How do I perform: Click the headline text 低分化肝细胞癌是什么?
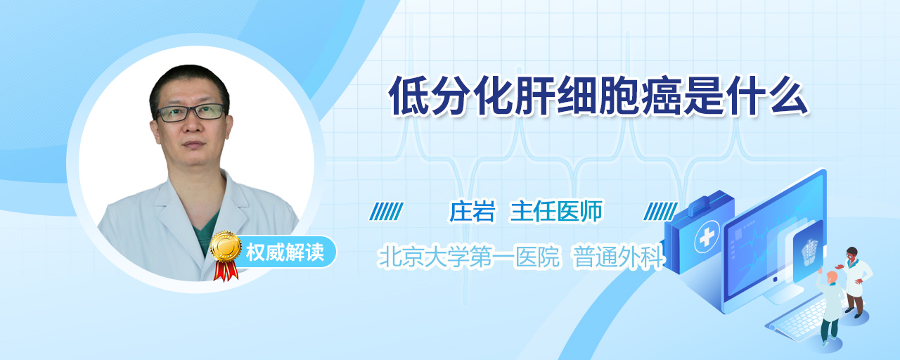pos(598,96)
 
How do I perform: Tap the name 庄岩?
pos(472,212)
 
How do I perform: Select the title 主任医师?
pos(556,212)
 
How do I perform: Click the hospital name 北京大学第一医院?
pos(469,257)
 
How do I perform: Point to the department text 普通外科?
pos(618,257)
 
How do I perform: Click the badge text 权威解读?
pos(285,252)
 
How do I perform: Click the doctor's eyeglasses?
pos(191,112)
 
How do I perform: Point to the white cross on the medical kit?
pos(707,238)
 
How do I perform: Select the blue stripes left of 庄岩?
pos(386,212)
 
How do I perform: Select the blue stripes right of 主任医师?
pos(660,212)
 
